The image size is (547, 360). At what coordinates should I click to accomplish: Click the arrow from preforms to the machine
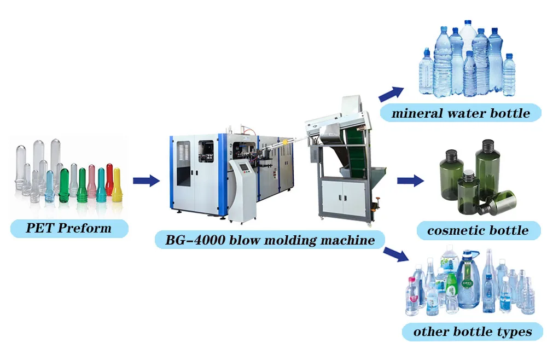pos(146,179)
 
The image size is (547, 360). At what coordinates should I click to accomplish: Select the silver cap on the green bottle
pos(468,176)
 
